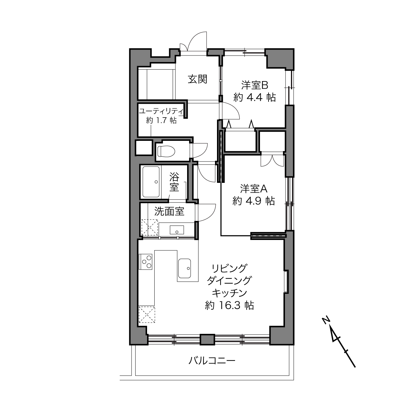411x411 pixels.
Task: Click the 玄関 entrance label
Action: (x=198, y=79)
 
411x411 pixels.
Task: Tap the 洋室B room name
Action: (x=254, y=85)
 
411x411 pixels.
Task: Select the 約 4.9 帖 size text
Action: (x=254, y=201)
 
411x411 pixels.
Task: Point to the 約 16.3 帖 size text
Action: (x=229, y=305)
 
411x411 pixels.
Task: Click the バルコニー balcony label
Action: (x=212, y=361)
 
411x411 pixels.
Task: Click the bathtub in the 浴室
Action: (x=151, y=182)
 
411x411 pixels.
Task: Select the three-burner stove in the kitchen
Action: (x=145, y=262)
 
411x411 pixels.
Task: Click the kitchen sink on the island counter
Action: (x=184, y=268)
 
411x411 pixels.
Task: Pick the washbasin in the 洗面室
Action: (x=177, y=230)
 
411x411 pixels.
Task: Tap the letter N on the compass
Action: (x=326, y=321)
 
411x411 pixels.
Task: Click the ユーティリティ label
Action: (x=161, y=111)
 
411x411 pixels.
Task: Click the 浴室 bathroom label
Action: (x=174, y=182)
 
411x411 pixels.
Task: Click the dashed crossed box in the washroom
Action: (x=150, y=228)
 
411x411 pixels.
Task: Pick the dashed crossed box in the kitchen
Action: (x=147, y=314)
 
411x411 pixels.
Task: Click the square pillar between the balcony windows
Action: (x=207, y=340)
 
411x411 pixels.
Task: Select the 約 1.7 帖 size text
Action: (x=162, y=120)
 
